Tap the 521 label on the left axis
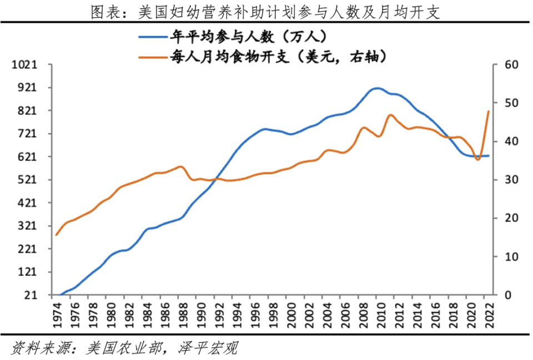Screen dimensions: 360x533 tap(27, 180)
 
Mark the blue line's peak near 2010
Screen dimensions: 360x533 tap(378, 88)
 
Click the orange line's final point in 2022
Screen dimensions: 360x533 tap(489, 111)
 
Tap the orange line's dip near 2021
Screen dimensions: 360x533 tap(478, 160)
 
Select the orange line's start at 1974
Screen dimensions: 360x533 tap(56, 235)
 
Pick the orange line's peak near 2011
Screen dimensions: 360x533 tap(390, 115)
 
